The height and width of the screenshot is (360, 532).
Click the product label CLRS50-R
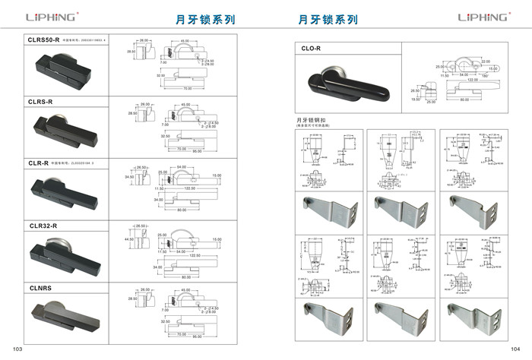click(44, 39)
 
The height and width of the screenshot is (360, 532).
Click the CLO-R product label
click(312, 49)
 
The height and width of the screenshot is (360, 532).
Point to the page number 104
click(516, 348)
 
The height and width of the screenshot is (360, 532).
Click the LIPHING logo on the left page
click(50, 17)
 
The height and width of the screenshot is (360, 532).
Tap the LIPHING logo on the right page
click(483, 17)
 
